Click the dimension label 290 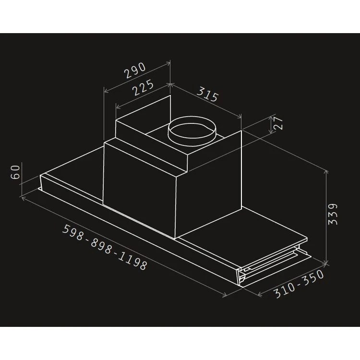tap(135, 71)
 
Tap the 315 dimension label tap(207, 95)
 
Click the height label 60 tap(15, 172)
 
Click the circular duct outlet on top tap(192, 131)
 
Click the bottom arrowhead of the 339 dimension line tap(326, 263)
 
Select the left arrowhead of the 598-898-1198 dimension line tap(24, 196)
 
